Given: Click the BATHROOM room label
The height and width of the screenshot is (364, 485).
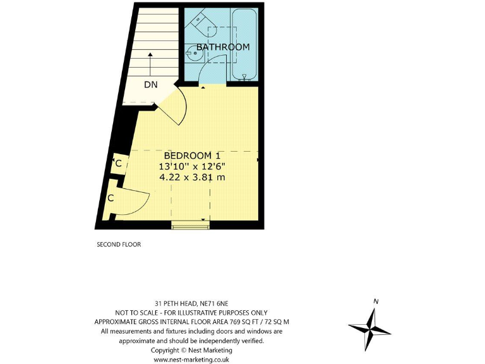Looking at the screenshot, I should [222, 47].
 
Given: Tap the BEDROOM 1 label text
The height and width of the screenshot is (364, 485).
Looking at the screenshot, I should [192, 155].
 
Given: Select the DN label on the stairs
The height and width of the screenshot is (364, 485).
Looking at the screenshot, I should [150, 85].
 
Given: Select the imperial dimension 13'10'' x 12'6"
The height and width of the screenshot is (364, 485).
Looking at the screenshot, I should [192, 166].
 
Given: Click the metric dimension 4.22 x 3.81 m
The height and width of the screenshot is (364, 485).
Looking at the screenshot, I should [192, 177].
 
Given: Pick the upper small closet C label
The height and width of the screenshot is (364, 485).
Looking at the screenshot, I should [118, 164].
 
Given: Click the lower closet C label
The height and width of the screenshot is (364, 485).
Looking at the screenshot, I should [111, 198].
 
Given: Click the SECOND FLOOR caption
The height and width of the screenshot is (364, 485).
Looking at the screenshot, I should [118, 245].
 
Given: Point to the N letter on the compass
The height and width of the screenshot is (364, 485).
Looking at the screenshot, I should [376, 301].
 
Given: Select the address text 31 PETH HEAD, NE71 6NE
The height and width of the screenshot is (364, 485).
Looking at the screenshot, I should [191, 303].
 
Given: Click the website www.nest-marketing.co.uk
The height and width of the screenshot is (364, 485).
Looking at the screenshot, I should [191, 359].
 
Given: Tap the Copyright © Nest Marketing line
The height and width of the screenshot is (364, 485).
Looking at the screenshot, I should [191, 349].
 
